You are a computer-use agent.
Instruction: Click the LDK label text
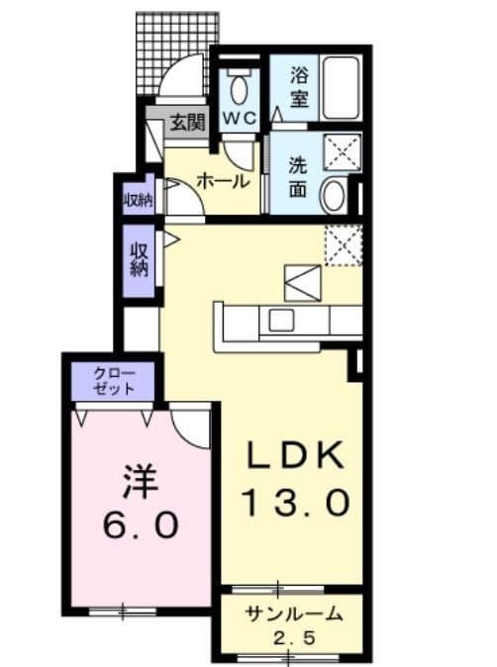(x=296, y=456)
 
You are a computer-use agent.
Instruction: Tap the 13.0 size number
(x=296, y=503)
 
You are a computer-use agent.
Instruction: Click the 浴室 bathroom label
(x=300, y=86)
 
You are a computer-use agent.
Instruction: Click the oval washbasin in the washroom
(x=335, y=195)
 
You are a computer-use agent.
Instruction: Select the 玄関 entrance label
(x=185, y=124)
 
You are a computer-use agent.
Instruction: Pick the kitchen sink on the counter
(x=281, y=320)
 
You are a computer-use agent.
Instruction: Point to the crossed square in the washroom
(x=342, y=152)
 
